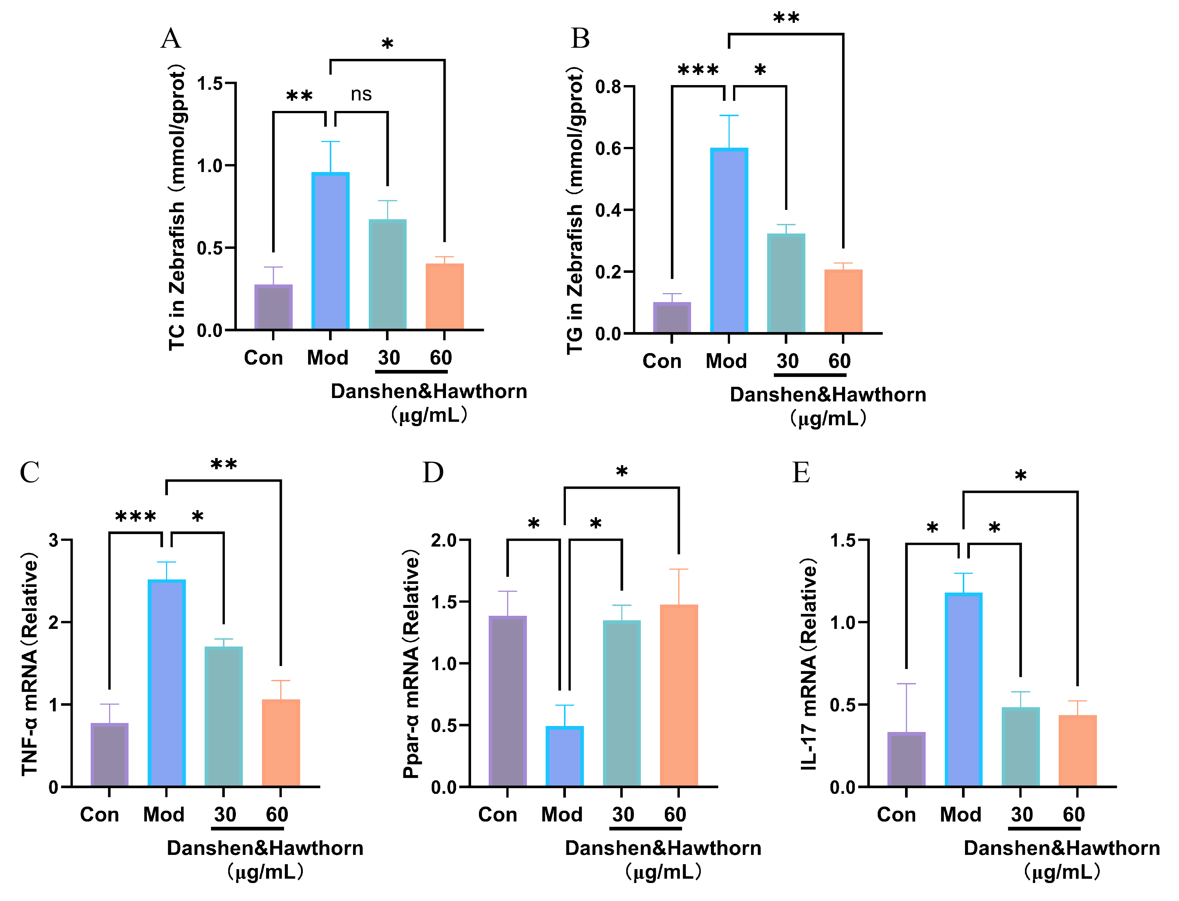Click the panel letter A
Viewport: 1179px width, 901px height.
[171, 39]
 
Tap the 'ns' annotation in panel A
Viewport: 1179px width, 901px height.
[361, 94]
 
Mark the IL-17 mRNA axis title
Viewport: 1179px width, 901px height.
[808, 665]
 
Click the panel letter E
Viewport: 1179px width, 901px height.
[801, 473]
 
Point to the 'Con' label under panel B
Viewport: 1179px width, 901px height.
[661, 361]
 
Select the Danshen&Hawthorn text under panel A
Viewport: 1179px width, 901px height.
[429, 392]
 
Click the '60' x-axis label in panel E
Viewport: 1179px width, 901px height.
[1073, 815]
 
